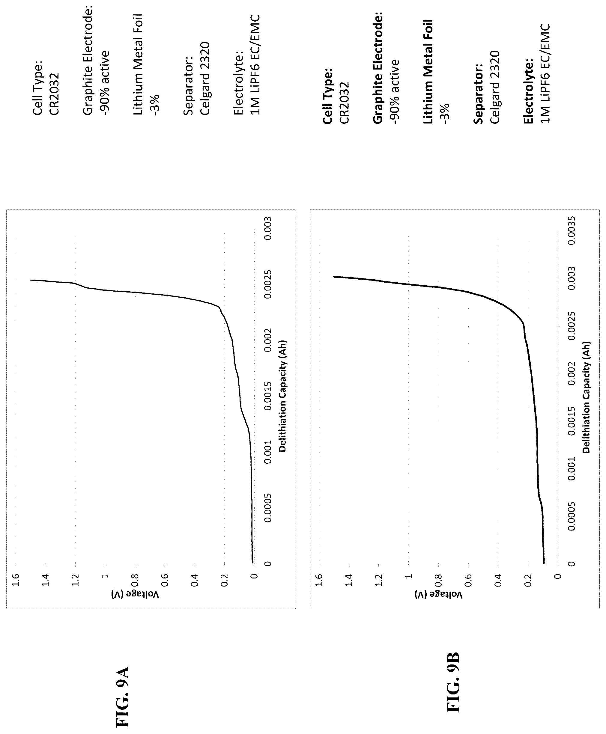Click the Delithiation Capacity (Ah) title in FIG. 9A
point(282,396)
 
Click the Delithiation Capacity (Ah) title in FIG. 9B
point(586,397)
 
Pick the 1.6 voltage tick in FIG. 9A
point(15,580)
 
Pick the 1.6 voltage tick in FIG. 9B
point(319,580)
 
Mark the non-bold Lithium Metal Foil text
point(138,64)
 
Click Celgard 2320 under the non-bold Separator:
point(205,78)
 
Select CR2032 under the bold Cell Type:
point(344,103)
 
